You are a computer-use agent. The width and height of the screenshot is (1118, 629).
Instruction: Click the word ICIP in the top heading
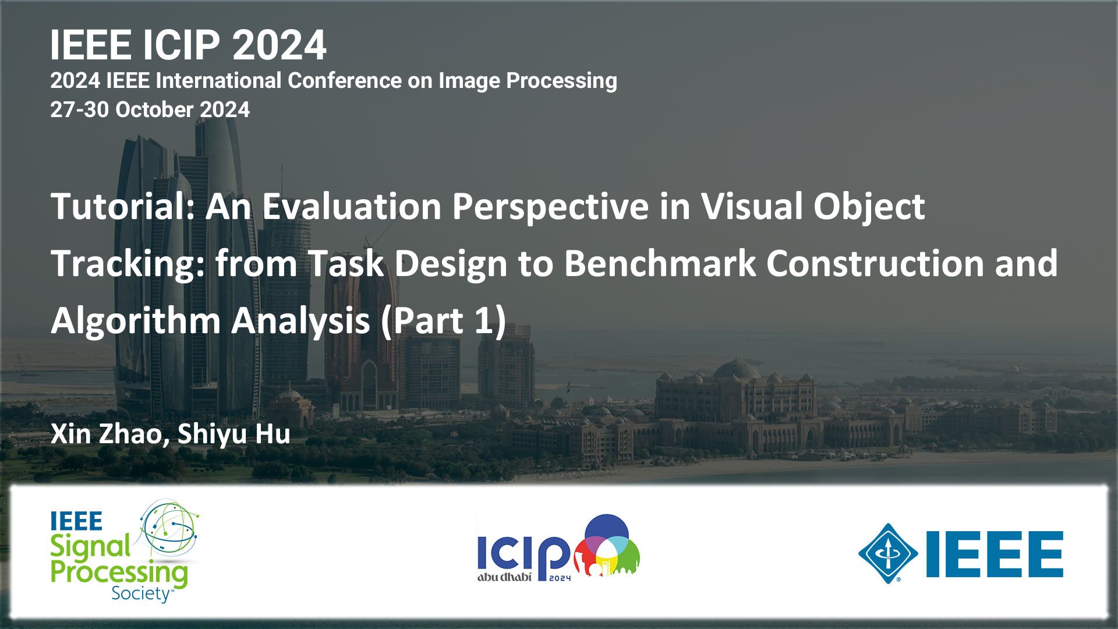click(x=181, y=45)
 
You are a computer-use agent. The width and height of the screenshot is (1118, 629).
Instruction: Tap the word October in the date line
click(x=154, y=109)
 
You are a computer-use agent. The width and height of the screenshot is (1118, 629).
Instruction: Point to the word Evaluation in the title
click(x=352, y=206)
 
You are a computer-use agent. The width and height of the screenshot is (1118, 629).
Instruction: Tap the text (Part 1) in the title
click(x=443, y=321)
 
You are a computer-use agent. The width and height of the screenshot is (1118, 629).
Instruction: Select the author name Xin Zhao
click(x=106, y=434)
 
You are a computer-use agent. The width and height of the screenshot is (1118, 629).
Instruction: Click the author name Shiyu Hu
click(x=233, y=435)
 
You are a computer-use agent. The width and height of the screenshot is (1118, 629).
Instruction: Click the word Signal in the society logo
click(x=90, y=547)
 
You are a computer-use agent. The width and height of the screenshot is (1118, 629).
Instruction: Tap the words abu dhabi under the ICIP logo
click(x=504, y=577)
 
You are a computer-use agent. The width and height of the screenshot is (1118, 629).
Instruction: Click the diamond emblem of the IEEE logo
click(x=888, y=553)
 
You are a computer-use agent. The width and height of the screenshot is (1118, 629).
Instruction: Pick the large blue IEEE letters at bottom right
click(x=995, y=554)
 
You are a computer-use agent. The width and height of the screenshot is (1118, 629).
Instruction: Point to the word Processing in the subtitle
click(x=561, y=81)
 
